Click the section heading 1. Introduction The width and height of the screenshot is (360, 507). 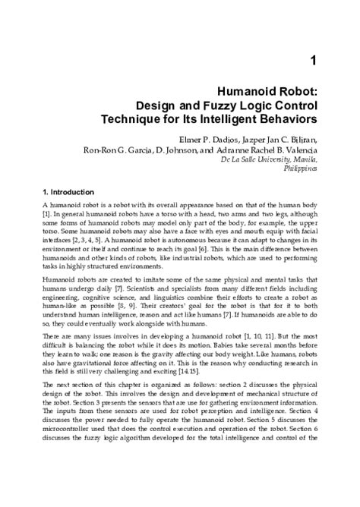pos(68,192)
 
